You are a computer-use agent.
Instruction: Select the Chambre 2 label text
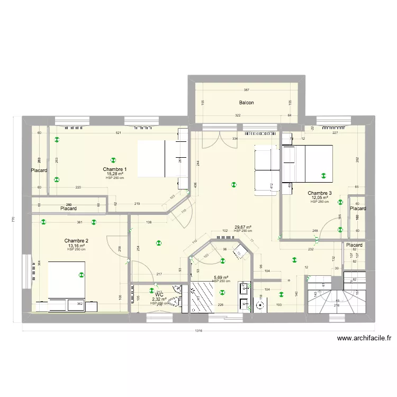[x=76, y=241]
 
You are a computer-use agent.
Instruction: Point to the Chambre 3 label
[x=320, y=193]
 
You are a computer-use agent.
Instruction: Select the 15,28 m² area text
[x=114, y=174]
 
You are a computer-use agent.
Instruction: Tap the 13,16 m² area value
[x=76, y=246]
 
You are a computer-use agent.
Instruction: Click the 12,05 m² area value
[x=320, y=197]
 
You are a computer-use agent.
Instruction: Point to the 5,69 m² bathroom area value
[x=221, y=277]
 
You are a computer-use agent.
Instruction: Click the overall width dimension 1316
[x=198, y=331]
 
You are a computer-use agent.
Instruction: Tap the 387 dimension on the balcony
[x=247, y=90]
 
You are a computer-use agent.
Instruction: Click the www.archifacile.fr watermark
[x=363, y=339]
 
